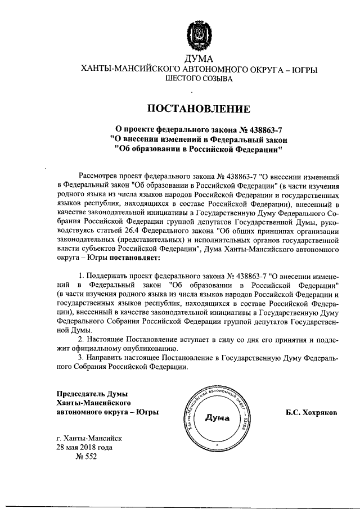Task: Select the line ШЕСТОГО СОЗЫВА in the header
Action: coord(199,79)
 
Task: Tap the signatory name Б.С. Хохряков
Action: coord(312,412)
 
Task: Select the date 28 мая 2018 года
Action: coord(84,447)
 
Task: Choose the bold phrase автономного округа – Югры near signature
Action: coord(107,412)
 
